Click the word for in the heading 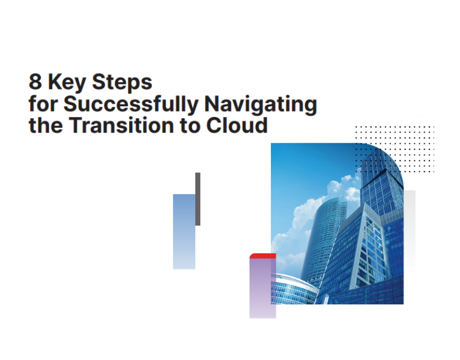(43, 104)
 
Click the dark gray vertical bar (198, 199)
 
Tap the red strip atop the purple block (262, 256)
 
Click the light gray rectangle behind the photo (410, 240)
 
